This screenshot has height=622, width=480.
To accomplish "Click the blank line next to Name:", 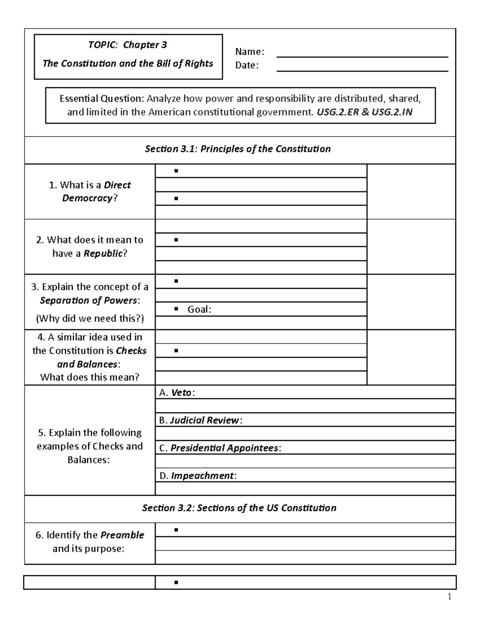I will tap(362, 54).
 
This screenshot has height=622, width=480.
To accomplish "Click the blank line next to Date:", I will tap(362, 68).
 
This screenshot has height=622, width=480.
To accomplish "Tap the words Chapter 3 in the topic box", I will tap(145, 45).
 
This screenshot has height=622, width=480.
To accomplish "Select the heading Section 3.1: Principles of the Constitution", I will tap(238, 149).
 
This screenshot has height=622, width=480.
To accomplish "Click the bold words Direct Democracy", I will tap(96, 191).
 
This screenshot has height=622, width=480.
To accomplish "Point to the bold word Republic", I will tap(103, 254).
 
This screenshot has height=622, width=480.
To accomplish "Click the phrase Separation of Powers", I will tap(88, 300).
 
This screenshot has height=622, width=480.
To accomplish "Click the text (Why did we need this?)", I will tap(90, 319).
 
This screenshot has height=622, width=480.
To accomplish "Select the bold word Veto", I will tap(181, 393).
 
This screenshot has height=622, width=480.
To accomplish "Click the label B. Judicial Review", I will tap(200, 421).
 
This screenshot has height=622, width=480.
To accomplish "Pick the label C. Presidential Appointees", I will tap(220, 448).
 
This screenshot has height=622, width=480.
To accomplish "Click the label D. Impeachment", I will tap(198, 476).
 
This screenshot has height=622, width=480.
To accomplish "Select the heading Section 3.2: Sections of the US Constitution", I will tap(239, 508).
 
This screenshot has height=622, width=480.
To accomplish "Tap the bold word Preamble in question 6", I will tap(122, 535).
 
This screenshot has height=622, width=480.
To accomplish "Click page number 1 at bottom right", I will tap(450, 597).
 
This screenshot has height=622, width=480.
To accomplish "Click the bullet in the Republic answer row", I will tap(176, 240).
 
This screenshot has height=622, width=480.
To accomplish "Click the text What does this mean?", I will tap(90, 377).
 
